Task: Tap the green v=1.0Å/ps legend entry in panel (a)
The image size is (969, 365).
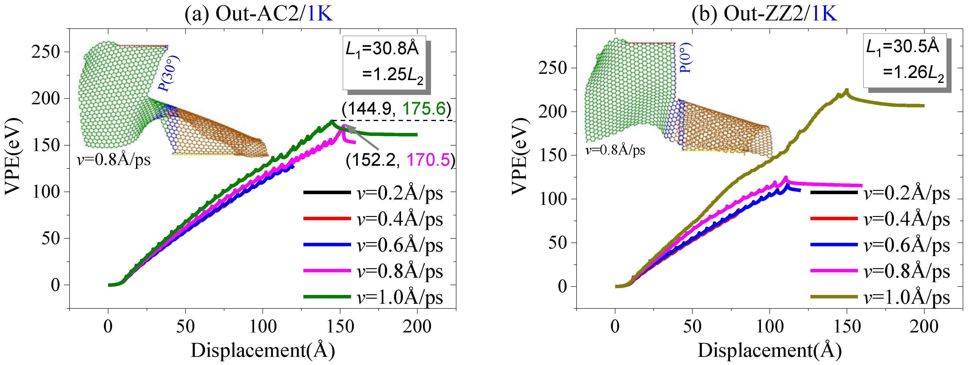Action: [373, 297]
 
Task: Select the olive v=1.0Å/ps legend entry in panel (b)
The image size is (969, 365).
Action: [880, 297]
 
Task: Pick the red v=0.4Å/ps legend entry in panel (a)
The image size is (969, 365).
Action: [373, 219]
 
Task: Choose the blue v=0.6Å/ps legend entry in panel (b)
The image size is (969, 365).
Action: [880, 245]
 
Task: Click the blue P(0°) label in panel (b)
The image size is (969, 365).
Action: [685, 57]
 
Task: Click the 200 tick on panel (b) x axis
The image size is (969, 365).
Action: [924, 326]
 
